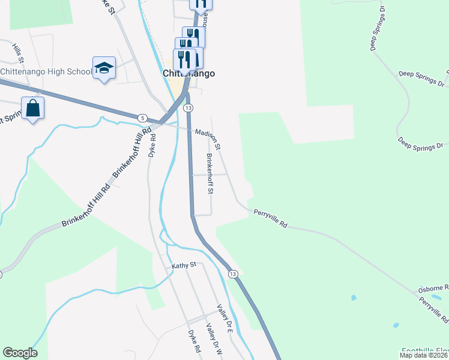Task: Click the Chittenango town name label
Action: click(189, 73)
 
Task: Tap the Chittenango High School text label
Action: click(46, 71)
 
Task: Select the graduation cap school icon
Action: click(104, 68)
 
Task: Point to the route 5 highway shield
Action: click(142, 118)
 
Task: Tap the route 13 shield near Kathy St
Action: click(233, 274)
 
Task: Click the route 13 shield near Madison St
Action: click(188, 107)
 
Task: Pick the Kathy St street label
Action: click(184, 265)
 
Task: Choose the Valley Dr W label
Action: click(214, 340)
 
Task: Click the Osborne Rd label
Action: click(433, 288)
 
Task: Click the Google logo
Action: click(20, 353)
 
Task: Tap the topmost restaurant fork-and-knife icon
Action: click(200, 3)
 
